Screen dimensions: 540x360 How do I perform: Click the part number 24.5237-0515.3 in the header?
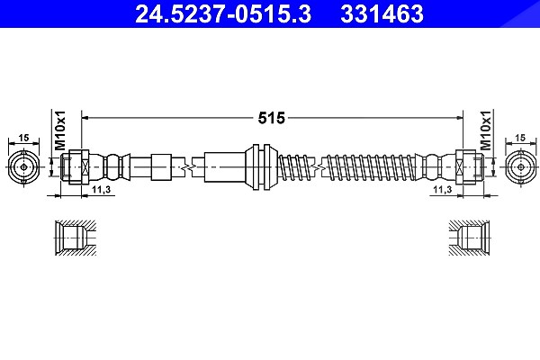coord(223,13)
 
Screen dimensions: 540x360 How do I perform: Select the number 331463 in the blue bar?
coord(382,13)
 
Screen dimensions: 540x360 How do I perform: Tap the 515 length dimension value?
coord(272,118)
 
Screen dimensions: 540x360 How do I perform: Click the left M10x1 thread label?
coord(60,130)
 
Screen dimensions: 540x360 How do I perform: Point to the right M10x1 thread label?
coord(486,130)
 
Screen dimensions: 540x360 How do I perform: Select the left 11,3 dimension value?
coord(101,190)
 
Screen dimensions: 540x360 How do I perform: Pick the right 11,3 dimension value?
coord(443,190)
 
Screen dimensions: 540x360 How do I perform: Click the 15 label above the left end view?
coord(23,138)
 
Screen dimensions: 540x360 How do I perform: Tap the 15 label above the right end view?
coord(520,138)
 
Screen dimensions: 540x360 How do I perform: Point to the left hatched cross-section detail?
coord(76,238)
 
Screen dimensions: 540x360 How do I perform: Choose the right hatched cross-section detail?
coord(470,238)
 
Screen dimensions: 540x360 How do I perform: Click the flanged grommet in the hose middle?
coord(262,167)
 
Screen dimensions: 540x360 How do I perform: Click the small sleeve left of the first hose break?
coord(161,167)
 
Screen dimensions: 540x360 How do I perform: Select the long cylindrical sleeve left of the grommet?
coord(225,167)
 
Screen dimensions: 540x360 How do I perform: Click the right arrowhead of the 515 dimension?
coord(459,118)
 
